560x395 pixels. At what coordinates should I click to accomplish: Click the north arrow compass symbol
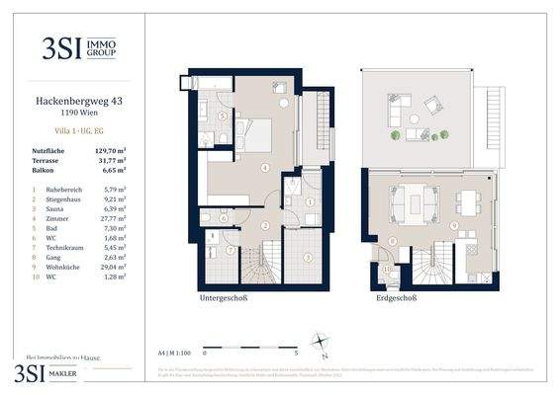coord(321,345)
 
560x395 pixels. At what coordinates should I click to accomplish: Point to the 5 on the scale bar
coord(297,351)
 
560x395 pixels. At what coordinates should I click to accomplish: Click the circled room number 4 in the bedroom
coord(264,169)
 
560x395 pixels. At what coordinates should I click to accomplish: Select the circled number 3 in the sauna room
coord(308,257)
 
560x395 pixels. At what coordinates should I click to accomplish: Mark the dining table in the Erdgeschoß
coord(468,201)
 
